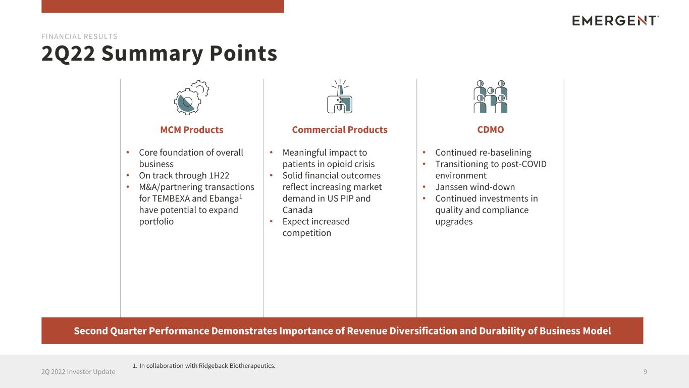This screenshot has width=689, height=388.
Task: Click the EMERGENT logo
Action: [615, 21]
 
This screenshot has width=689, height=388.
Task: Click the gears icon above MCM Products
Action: [191, 98]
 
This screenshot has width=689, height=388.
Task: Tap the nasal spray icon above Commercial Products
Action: [340, 96]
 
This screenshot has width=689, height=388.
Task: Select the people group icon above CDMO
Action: [490, 96]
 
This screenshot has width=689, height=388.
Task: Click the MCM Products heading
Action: [192, 130]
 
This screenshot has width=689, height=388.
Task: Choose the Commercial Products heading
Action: [340, 130]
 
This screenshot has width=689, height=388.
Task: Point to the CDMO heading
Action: [490, 130]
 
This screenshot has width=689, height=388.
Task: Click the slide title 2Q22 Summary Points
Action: [160, 53]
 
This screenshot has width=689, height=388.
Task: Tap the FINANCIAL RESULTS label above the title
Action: [79, 37]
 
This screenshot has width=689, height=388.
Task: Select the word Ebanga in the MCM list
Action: [224, 199]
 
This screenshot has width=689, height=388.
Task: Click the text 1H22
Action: [219, 175]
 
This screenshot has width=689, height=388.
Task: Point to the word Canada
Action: [297, 210]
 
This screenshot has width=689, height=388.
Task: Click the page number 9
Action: [645, 372]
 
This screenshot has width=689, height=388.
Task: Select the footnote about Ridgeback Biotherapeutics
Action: [204, 366]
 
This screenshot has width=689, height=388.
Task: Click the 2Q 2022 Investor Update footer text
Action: [78, 372]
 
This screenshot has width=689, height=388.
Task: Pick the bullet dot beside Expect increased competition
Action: [271, 221]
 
